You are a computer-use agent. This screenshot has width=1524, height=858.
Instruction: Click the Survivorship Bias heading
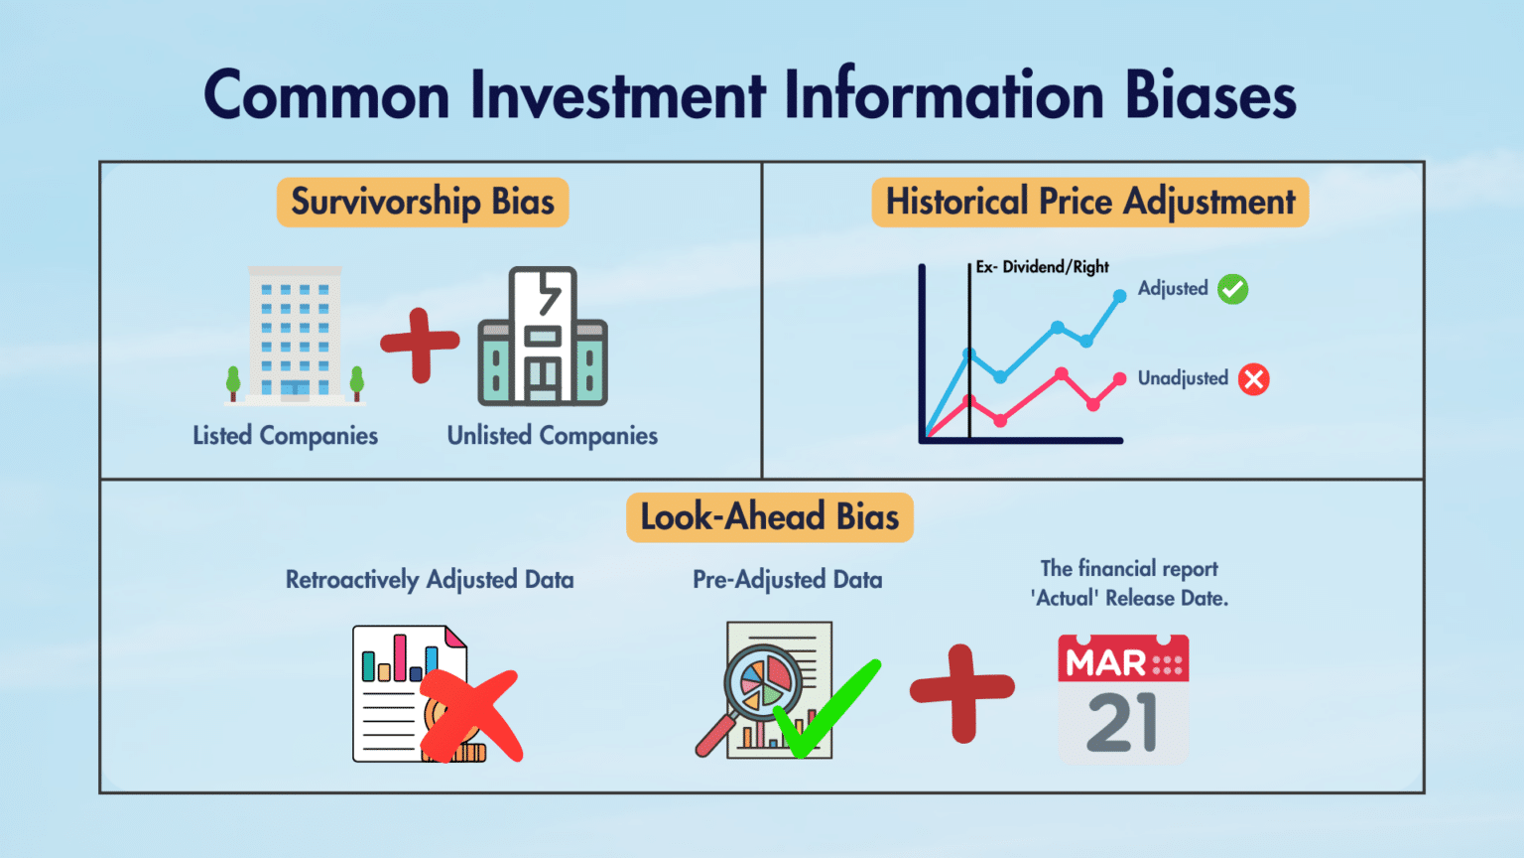pos(423,203)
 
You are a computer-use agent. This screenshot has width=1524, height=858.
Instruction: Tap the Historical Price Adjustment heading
pos(1090,203)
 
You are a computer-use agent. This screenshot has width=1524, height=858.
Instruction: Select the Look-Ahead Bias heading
pos(770,517)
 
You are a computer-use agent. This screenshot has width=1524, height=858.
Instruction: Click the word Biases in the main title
pos(1209,96)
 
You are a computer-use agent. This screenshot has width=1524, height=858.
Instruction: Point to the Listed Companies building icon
pos(295,335)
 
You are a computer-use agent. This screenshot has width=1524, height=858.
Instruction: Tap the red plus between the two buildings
pos(420,345)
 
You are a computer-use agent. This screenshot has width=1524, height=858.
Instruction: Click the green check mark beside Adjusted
pos(1233,289)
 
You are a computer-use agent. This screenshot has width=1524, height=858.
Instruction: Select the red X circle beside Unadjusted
pos(1254,379)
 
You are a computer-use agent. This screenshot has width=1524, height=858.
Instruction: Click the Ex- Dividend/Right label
pos(1042,267)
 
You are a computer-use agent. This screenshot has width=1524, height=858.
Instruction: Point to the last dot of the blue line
pos(1119,296)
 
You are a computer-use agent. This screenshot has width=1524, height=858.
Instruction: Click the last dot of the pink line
pos(1119,378)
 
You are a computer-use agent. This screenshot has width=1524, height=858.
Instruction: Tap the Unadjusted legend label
pos(1183,378)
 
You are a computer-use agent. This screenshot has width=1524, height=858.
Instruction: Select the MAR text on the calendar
pos(1105,662)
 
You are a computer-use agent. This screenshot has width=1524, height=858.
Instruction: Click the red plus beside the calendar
pos(962,692)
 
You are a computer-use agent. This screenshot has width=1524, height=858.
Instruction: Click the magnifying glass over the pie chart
pos(759,683)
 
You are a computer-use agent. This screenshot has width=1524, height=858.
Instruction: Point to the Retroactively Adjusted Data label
pos(430,580)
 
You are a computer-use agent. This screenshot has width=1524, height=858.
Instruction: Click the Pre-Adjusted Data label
pos(788,580)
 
